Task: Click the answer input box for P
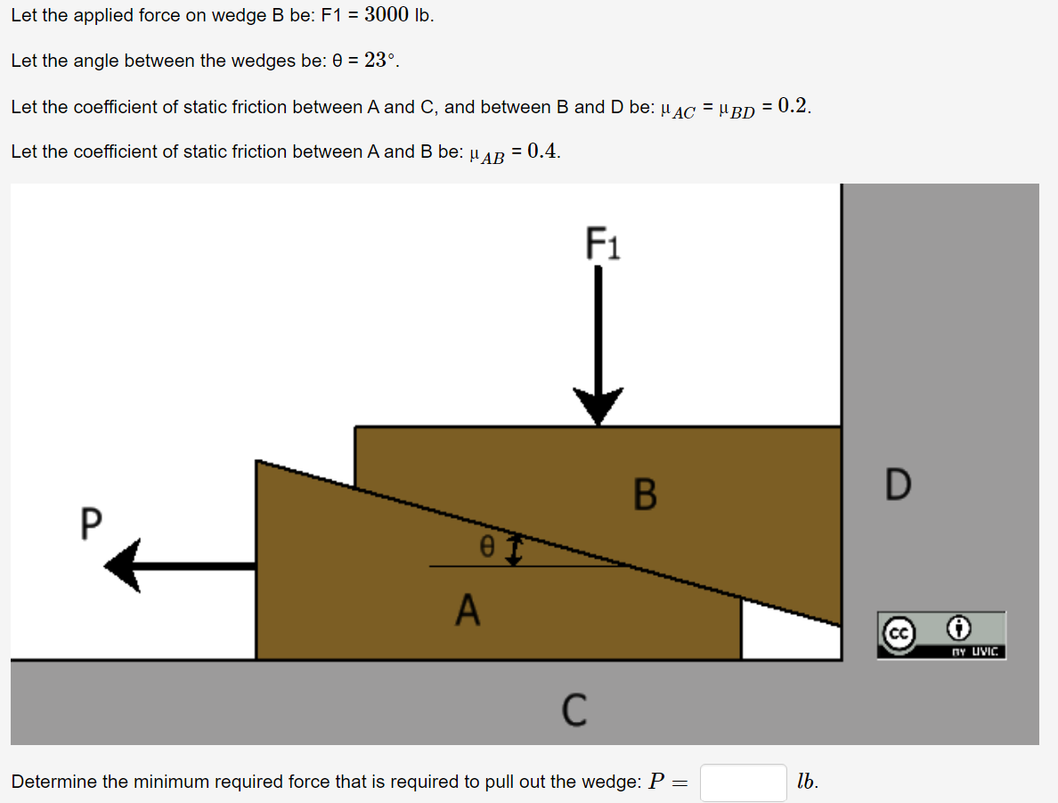(x=743, y=783)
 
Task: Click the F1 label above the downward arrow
(x=603, y=242)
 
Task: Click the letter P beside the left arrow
(x=90, y=524)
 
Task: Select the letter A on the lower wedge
(x=467, y=610)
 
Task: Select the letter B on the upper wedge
(x=645, y=494)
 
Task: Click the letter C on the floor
(x=574, y=709)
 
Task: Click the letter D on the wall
(x=899, y=484)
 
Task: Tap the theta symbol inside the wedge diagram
(x=486, y=549)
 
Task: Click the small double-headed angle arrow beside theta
(x=514, y=550)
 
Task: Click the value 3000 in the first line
(x=387, y=15)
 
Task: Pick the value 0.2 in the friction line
(x=792, y=106)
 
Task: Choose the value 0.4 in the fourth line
(x=542, y=151)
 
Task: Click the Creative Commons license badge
(x=940, y=635)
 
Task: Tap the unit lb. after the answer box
(x=807, y=782)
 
